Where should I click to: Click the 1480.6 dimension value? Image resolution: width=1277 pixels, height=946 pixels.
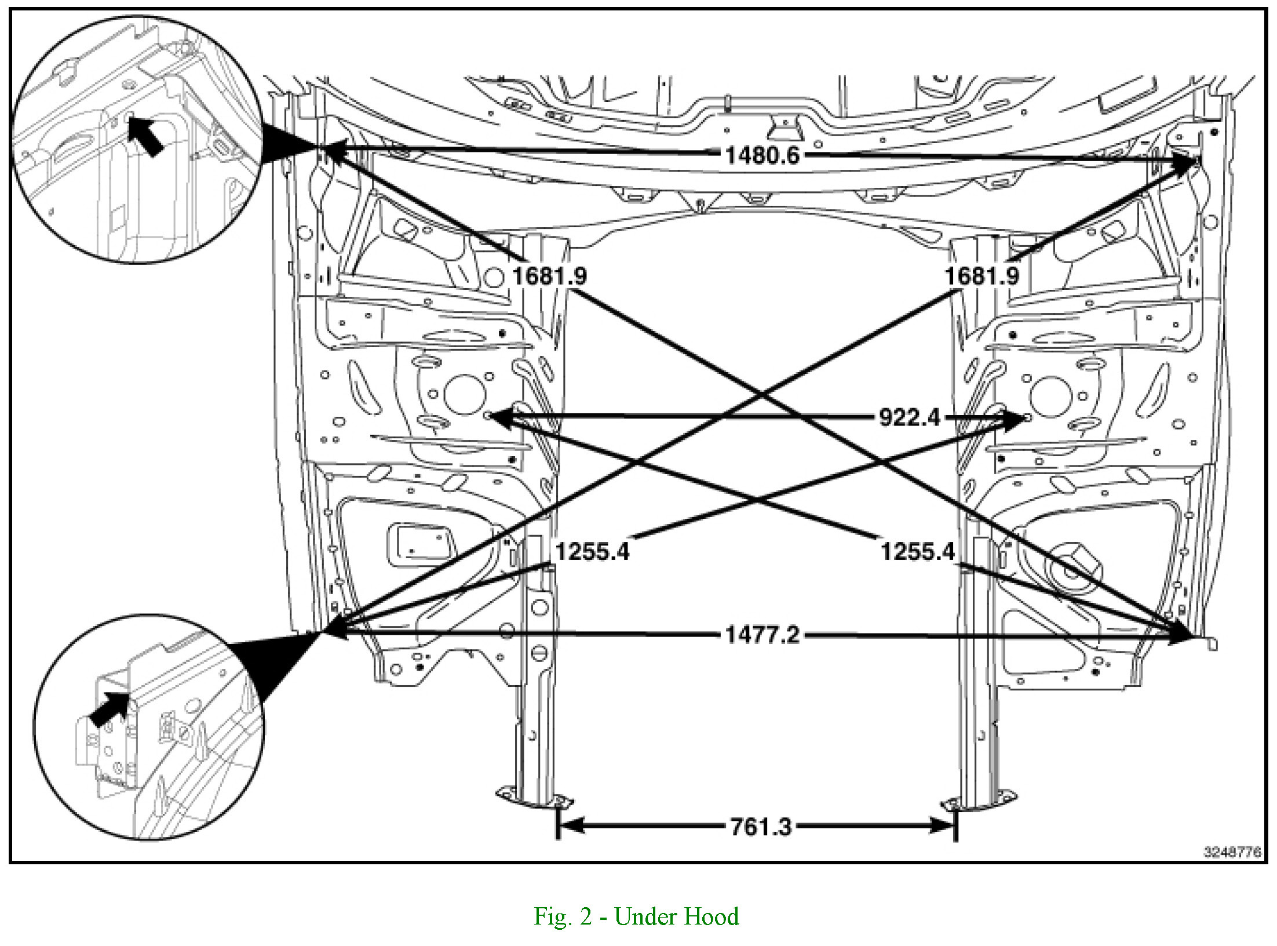click(762, 155)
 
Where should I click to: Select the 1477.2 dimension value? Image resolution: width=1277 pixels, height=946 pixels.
click(762, 635)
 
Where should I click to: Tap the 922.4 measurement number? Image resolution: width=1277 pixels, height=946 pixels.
click(909, 417)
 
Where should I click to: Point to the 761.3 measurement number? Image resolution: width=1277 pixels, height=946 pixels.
click(761, 827)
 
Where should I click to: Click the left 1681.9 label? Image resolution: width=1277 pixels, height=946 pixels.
click(549, 276)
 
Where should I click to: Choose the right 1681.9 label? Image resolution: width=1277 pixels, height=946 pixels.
click(982, 276)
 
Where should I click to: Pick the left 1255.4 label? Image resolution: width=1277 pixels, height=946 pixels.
click(592, 551)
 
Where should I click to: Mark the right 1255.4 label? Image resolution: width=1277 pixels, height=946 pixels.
click(917, 551)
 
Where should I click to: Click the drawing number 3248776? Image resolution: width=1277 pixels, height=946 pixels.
click(1232, 852)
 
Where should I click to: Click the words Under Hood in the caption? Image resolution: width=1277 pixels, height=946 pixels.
click(676, 917)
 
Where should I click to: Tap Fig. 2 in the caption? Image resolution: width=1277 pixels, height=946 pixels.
click(563, 917)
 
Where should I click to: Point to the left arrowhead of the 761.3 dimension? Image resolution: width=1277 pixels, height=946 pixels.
click(570, 825)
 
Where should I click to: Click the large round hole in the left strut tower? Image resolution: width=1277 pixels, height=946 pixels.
click(464, 394)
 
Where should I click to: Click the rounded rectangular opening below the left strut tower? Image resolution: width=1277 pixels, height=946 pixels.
click(418, 545)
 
